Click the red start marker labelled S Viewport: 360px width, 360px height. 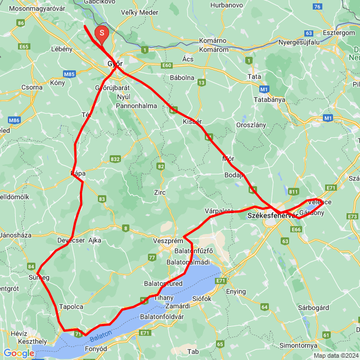(x=101, y=34)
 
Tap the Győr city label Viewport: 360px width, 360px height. (x=115, y=64)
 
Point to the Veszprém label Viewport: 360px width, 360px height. (x=166, y=241)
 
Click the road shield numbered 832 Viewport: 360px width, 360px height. (x=115, y=160)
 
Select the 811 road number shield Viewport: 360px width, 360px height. (x=293, y=192)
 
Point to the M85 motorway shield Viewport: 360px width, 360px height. (x=70, y=74)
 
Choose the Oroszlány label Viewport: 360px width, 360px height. (x=251, y=125)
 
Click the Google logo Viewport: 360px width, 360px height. (x=19, y=353)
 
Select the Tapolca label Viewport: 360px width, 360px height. (x=70, y=307)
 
